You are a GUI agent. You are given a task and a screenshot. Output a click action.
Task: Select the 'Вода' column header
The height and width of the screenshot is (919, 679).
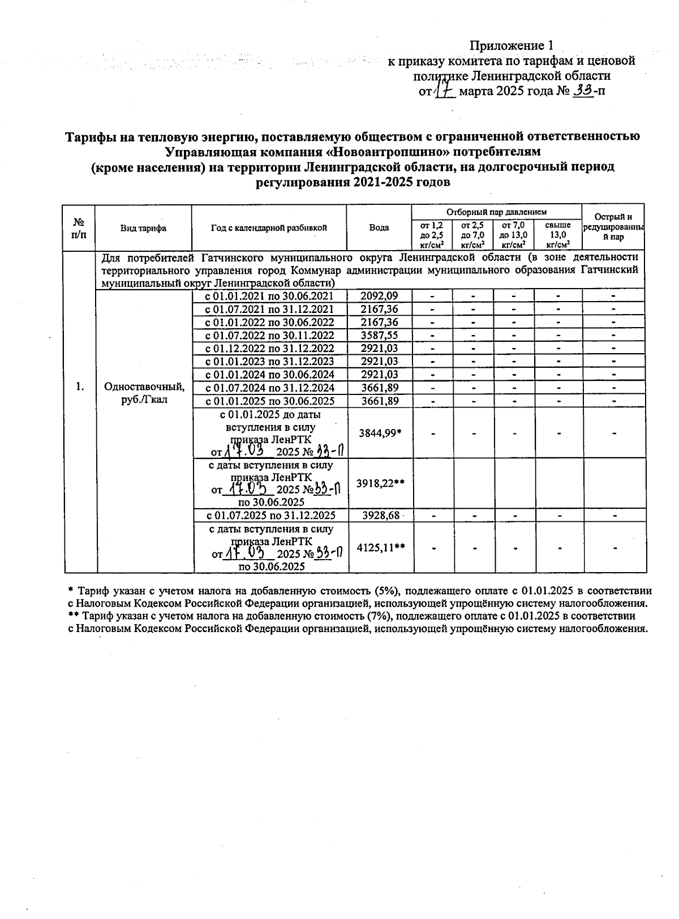[379, 227]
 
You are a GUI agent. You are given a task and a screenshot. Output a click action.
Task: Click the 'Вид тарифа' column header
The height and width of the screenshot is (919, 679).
[143, 227]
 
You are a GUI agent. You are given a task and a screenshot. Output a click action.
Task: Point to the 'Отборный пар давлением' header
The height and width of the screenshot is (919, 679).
[496, 212]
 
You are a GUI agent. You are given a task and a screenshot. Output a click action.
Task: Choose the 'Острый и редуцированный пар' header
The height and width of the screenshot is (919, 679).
[613, 227]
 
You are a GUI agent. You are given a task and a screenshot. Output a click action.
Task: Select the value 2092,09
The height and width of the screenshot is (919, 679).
[379, 295]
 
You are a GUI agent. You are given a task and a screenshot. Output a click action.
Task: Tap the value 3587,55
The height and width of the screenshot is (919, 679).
[379, 335]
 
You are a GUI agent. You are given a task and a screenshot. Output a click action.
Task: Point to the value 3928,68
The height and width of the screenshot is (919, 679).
[379, 516]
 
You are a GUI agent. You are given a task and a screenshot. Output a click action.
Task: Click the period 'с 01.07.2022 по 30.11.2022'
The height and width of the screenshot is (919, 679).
[269, 335]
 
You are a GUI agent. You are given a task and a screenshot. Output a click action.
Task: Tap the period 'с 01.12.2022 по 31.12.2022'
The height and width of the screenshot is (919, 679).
[269, 348]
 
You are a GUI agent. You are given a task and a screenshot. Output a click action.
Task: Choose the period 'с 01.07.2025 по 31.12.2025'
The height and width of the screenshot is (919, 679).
[270, 516]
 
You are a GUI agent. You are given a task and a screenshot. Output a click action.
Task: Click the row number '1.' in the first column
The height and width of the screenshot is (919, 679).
[80, 387]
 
